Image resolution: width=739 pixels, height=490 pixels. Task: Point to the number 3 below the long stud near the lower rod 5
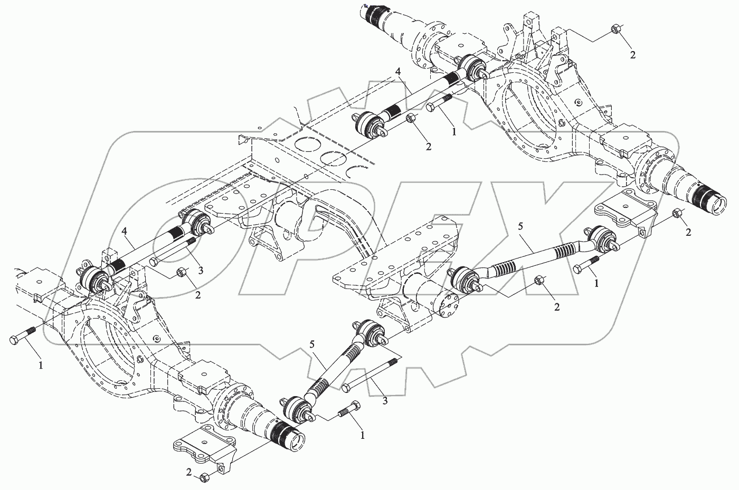pyautogui.click(x=385, y=401)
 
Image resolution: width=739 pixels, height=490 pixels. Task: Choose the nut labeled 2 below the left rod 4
pyautogui.click(x=180, y=272)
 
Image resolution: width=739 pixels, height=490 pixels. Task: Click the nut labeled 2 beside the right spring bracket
pyautogui.click(x=678, y=213)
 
